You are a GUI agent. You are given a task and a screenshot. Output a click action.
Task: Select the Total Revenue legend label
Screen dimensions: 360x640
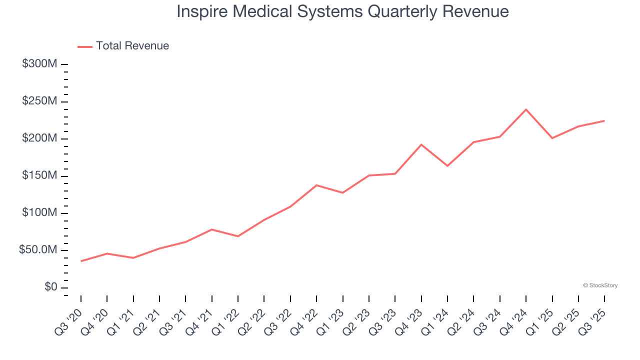pos(132,46)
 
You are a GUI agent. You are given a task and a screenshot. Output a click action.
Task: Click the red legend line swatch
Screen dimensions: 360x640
pos(85,46)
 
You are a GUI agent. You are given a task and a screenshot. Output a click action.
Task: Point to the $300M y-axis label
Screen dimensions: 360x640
pos(39,64)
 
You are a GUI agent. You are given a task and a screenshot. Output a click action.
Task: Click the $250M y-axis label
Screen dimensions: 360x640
pos(39,101)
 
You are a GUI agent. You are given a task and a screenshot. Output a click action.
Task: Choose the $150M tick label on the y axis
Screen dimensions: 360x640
pos(39,176)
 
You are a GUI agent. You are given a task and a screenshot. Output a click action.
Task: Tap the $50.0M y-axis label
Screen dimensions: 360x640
pos(38,250)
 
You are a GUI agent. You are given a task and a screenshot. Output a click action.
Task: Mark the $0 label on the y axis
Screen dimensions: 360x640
pos(51,287)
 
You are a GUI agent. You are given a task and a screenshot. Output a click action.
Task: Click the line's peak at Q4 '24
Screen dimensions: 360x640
pos(526,109)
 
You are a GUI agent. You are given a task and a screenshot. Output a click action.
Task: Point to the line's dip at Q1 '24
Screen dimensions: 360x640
pos(447,165)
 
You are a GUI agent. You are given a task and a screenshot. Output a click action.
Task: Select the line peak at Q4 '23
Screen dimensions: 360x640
pos(421,144)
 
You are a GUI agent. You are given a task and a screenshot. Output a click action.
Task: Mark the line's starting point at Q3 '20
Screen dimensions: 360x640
pos(81,261)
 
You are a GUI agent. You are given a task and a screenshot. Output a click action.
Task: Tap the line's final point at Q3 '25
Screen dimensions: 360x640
pos(604,120)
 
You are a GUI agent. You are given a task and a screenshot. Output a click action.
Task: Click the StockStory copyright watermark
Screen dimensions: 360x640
pos(600,285)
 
